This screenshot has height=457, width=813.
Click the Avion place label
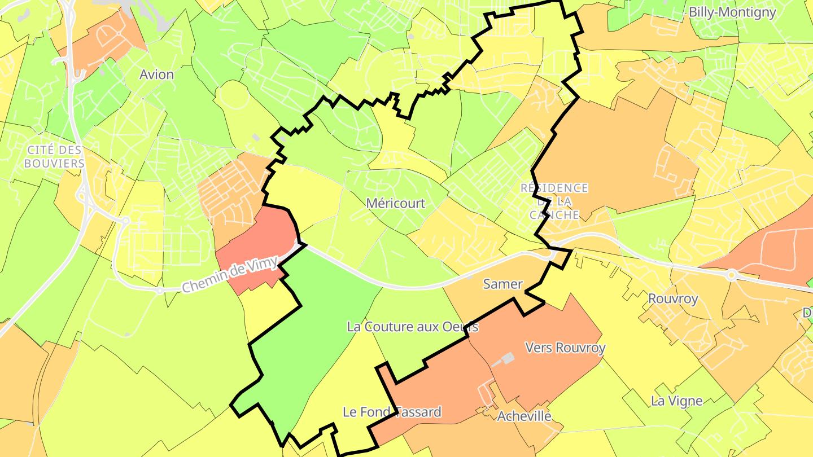coord(157,74)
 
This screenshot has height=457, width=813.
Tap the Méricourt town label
coord(395,203)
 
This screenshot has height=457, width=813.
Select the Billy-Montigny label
coord(732,12)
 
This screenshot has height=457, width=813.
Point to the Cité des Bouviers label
coord(55,157)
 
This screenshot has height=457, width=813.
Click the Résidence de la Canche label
coord(554,201)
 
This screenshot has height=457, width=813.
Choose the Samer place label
coord(502,284)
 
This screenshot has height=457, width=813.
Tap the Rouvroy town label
coord(673,298)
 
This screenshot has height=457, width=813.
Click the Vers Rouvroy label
coord(565,348)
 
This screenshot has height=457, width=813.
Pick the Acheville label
coord(524,416)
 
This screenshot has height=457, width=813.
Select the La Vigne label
coord(676,401)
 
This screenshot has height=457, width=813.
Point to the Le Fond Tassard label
coord(392,412)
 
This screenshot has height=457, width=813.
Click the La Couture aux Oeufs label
coord(413,327)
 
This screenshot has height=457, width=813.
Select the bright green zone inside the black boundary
coord(316,327)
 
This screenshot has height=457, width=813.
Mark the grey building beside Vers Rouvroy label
coord(507,358)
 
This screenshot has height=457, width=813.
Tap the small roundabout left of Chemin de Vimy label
coord(160,291)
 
